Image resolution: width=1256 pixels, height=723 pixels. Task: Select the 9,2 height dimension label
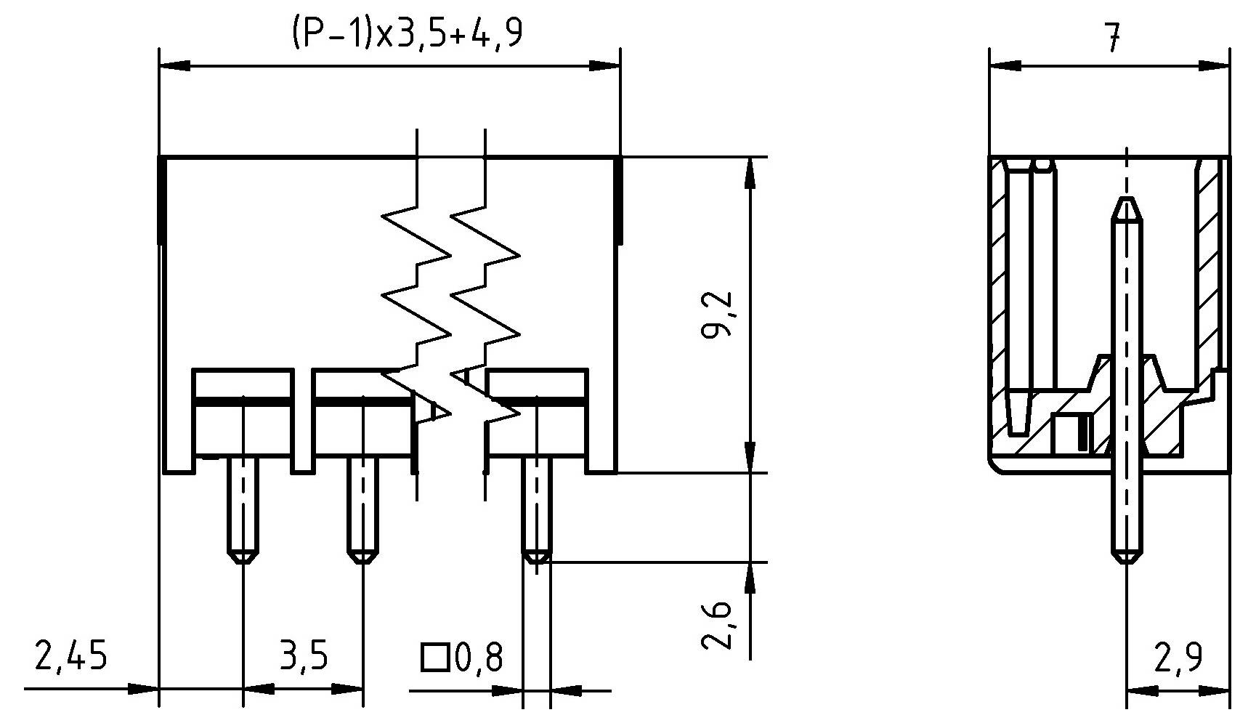[718, 315]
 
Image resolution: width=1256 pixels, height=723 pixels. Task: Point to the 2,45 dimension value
[70, 656]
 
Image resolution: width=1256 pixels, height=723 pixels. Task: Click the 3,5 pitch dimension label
[303, 656]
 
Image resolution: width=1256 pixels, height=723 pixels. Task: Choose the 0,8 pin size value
[478, 658]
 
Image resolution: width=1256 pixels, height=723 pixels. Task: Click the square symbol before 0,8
[434, 657]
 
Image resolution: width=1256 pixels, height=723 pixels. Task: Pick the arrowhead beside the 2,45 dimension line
[145, 690]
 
